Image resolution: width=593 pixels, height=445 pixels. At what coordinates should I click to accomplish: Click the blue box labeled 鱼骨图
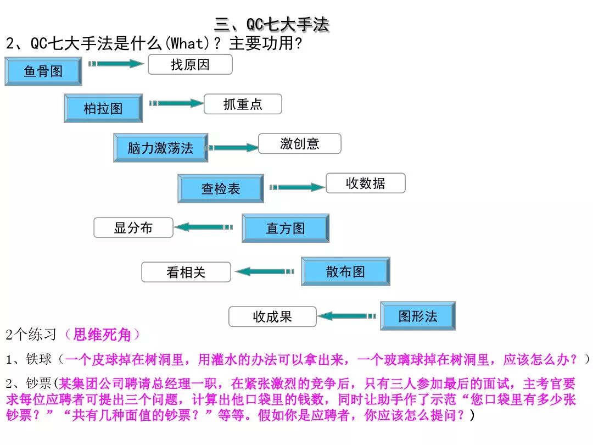[43, 71]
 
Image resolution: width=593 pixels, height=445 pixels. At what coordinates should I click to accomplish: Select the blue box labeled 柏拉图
[103, 108]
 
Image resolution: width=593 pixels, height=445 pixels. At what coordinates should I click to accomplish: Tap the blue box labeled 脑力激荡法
[160, 148]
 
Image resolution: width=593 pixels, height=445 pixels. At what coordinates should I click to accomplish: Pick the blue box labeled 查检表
[221, 188]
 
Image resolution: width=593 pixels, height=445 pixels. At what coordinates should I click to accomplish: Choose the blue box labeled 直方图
[286, 228]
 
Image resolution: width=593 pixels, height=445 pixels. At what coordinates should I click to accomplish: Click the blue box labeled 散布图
[345, 271]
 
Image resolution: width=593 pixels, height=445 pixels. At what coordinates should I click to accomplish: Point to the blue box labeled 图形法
[418, 316]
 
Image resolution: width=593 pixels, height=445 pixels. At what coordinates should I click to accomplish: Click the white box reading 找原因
[190, 64]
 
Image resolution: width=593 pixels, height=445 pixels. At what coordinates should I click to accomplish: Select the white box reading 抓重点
[243, 104]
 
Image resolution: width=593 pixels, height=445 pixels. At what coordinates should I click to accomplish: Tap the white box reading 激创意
[299, 143]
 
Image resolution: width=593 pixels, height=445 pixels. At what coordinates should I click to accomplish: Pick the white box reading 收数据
[365, 183]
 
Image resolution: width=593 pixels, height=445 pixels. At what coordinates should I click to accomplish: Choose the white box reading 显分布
[133, 227]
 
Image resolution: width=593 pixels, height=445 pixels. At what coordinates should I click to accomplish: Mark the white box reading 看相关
[186, 272]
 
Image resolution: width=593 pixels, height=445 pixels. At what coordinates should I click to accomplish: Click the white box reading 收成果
[272, 316]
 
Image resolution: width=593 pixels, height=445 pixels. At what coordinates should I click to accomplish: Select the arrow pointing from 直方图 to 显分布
[204, 227]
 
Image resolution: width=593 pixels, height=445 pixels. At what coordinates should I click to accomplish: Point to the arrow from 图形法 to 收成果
[347, 316]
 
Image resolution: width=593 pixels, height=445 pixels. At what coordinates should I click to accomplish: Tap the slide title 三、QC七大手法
[271, 25]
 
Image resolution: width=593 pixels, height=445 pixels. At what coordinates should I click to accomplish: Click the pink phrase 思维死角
[102, 334]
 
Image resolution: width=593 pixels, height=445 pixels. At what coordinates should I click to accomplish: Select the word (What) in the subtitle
[188, 43]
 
